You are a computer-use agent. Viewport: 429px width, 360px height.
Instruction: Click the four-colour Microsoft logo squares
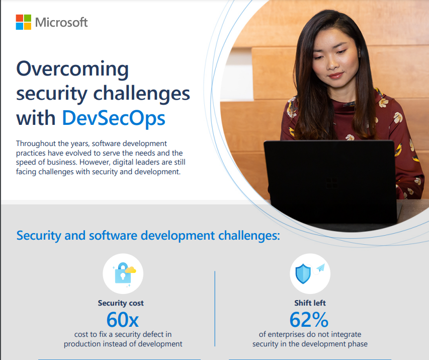[23, 22]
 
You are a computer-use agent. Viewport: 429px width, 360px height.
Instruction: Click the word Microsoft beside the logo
[61, 23]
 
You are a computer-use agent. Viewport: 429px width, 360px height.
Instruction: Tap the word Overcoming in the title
[72, 69]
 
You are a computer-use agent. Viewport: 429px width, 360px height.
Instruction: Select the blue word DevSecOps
[113, 118]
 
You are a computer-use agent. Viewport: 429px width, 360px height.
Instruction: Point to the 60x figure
[122, 320]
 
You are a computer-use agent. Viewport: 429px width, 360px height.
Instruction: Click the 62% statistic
[309, 320]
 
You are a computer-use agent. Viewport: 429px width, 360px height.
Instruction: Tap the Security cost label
[121, 303]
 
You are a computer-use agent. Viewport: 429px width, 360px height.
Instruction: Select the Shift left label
[310, 303]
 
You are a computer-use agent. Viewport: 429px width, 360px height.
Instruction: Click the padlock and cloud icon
[123, 274]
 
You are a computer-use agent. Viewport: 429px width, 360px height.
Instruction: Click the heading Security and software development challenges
[148, 235]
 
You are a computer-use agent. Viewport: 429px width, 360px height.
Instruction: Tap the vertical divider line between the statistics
[215, 308]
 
